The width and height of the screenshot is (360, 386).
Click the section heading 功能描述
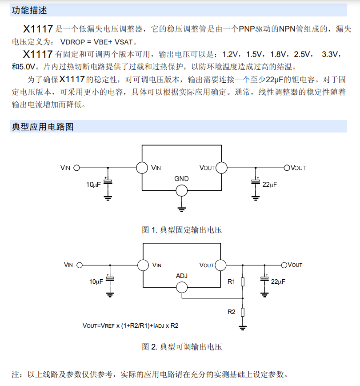[29, 10]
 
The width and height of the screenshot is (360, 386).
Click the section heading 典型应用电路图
[43, 127]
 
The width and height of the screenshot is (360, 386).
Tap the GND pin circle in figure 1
[181, 191]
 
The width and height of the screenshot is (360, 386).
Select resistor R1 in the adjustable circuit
[243, 281]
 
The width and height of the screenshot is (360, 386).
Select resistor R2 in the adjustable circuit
[243, 312]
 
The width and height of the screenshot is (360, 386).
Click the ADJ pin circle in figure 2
[181, 287]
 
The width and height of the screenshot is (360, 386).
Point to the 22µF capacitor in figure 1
[256, 181]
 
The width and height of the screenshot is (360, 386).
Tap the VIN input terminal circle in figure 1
[76, 168]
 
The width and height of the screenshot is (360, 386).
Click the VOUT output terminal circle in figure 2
[284, 265]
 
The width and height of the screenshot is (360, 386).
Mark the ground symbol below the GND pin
[181, 209]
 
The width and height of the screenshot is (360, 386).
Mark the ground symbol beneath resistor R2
[243, 328]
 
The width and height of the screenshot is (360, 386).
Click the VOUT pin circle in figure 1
[221, 168]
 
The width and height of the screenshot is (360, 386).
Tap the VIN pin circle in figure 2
[143, 265]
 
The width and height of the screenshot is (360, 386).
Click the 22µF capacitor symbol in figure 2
[265, 279]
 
